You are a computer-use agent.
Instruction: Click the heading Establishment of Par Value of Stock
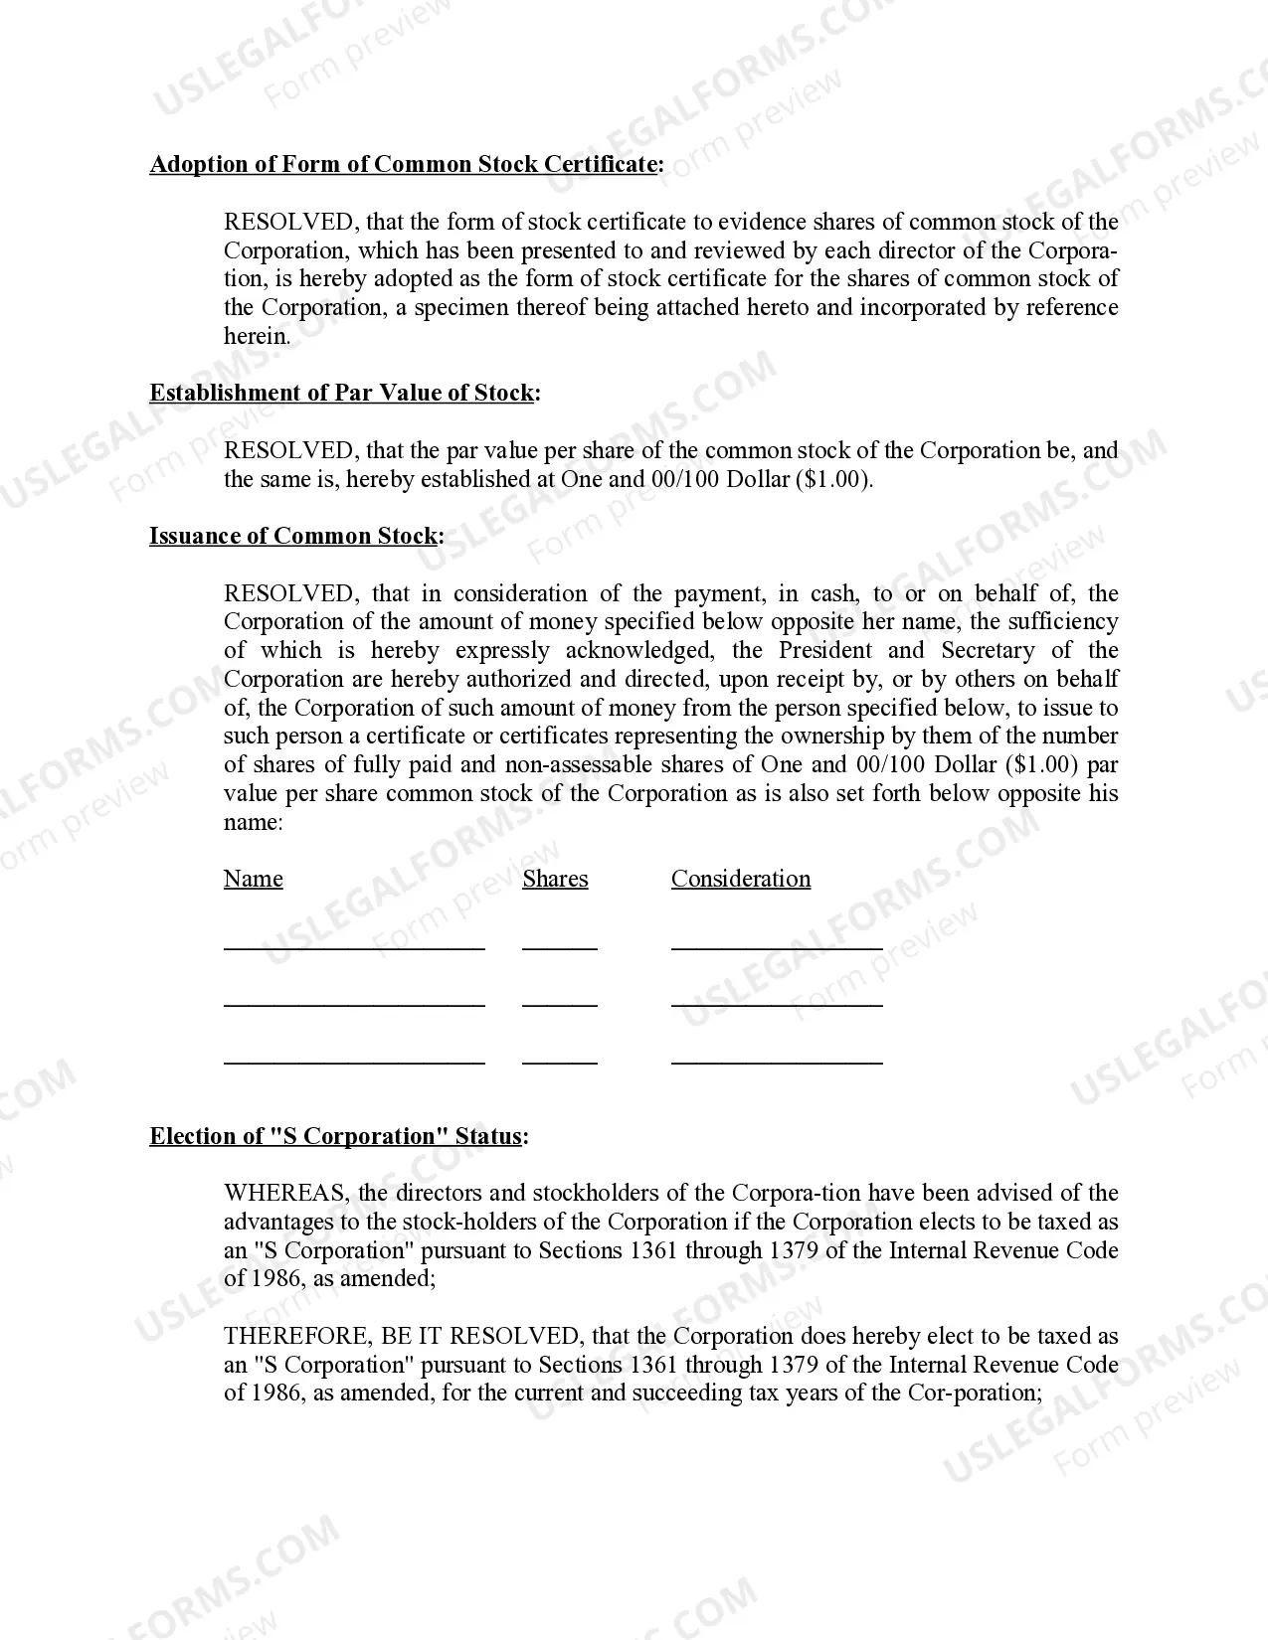pos(344,394)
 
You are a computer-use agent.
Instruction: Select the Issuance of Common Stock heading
pos(296,537)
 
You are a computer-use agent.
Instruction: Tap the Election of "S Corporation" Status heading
pos(338,1137)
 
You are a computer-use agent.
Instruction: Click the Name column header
pos(253,880)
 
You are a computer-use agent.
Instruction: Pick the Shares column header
pos(555,880)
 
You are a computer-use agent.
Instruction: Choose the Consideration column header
pos(741,880)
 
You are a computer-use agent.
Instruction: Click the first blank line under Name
pos(354,948)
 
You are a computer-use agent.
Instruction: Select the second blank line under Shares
pos(560,1005)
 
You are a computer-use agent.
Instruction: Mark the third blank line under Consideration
pos(777,1063)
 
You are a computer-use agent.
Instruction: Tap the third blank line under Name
pos(354,1063)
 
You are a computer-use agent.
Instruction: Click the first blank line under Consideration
pos(777,948)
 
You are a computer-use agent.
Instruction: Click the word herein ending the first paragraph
pos(256,337)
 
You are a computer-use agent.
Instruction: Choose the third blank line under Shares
pos(560,1063)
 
